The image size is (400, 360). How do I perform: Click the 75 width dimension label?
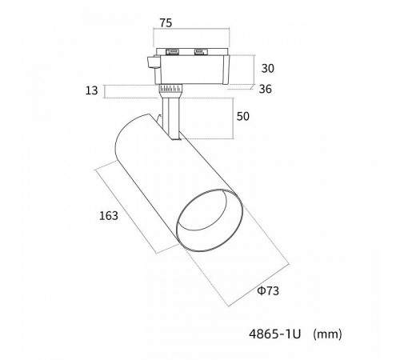pyautogui.click(x=166, y=23)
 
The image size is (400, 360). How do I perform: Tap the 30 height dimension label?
pyautogui.click(x=267, y=69)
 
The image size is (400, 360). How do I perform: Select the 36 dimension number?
pyautogui.click(x=266, y=89)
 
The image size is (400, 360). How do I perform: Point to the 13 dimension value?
pyautogui.click(x=91, y=90)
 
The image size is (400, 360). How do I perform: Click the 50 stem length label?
pyautogui.click(x=243, y=116)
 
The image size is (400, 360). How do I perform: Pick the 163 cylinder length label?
pyautogui.click(x=108, y=216)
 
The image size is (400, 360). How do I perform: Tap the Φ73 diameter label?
pyautogui.click(x=268, y=290)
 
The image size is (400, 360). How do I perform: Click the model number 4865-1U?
pyautogui.click(x=274, y=334)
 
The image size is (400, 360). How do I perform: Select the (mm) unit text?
pyautogui.click(x=327, y=334)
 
